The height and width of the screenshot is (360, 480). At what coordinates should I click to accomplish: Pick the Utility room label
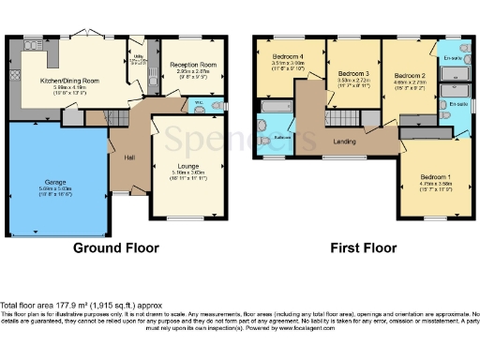point(138,57)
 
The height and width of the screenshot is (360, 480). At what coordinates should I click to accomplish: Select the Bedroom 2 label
point(410,74)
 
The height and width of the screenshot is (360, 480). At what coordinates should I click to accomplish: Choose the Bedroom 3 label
point(353,73)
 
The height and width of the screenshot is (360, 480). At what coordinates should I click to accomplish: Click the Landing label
point(344,142)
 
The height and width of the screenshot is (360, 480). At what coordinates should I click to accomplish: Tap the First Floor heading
point(364,248)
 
